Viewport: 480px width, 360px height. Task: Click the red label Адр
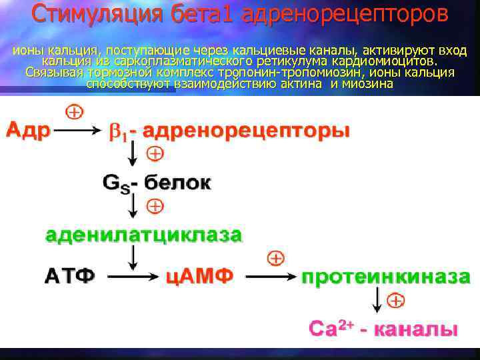(29, 130)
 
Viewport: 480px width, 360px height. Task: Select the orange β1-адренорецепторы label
(229, 131)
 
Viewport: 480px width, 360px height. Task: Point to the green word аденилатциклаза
(143, 235)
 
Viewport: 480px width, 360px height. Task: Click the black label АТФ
(69, 276)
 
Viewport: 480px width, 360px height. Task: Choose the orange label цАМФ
(200, 276)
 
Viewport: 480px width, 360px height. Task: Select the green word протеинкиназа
(386, 276)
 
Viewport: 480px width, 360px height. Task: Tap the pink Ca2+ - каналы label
(383, 328)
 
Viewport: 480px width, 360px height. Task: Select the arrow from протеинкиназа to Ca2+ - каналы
(377, 301)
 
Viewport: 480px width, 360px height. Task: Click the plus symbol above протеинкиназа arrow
(275, 258)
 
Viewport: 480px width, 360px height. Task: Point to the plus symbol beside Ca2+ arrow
(395, 301)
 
